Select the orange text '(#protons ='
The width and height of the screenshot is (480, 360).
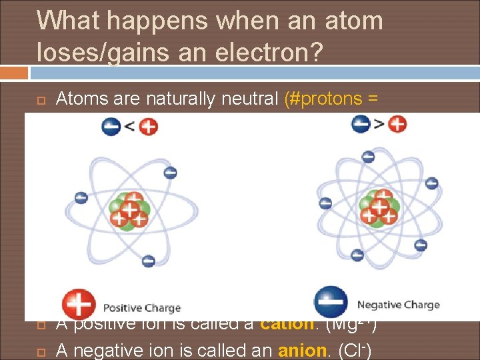(331, 99)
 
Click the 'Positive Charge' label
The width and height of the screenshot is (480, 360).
(142, 308)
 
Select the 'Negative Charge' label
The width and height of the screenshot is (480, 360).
(398, 305)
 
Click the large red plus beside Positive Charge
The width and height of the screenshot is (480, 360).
(79, 305)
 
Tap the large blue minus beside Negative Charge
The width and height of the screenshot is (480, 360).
(331, 303)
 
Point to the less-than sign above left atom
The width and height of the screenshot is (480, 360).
(129, 126)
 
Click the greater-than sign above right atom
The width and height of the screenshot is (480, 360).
(379, 123)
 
